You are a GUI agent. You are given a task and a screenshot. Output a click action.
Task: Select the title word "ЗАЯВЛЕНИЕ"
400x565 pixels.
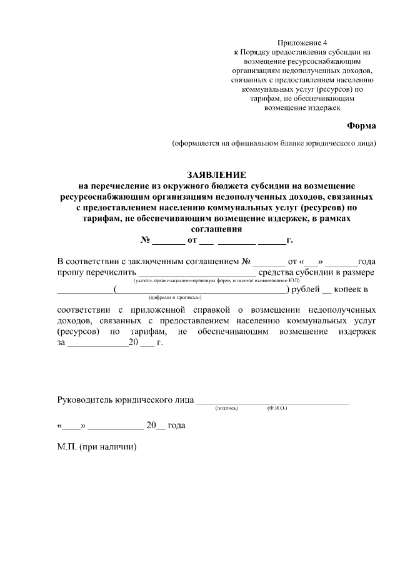[x=216, y=175]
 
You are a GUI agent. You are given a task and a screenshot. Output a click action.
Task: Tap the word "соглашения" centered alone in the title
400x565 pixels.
[x=216, y=228]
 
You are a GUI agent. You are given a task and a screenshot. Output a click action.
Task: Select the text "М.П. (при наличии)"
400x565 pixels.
[x=96, y=447]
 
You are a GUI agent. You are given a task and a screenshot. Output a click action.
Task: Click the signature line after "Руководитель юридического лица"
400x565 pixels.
[x=273, y=400]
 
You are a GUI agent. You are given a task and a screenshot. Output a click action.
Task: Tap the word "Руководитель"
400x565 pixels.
[x=84, y=400]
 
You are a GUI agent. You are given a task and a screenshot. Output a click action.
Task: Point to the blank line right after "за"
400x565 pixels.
[x=97, y=343]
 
